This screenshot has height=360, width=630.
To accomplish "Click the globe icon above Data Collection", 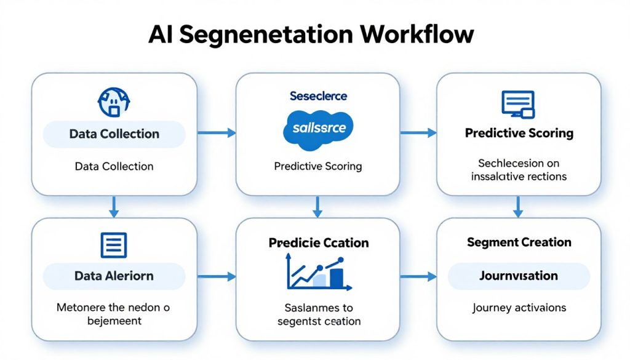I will tap(114, 102).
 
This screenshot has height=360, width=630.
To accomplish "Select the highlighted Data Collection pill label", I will tap(114, 134).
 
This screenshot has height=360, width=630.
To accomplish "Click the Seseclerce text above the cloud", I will tap(317, 96).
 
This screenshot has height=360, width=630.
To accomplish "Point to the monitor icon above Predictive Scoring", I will tap(518, 104).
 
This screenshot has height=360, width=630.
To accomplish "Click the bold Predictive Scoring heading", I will tap(519, 133).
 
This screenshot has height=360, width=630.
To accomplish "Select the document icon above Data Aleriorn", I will tap(114, 245).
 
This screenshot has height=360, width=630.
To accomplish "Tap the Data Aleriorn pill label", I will tap(114, 276).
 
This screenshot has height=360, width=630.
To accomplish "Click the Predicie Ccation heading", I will tap(318, 242).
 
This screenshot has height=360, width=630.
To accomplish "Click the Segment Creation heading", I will tap(519, 242).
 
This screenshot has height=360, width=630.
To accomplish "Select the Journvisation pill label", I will tap(519, 276).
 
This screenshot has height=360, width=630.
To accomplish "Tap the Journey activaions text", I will tap(519, 308).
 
